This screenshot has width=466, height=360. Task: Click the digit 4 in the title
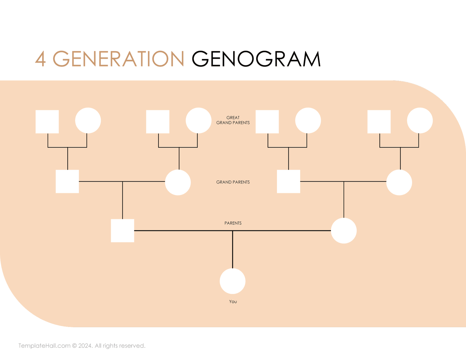click(40, 59)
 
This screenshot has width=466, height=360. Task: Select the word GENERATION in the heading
click(118, 59)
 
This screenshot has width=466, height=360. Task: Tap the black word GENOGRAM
click(256, 59)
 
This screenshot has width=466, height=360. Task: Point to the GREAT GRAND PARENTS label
click(233, 120)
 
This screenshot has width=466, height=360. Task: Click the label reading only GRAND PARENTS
click(233, 182)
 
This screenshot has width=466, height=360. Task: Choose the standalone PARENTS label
click(233, 223)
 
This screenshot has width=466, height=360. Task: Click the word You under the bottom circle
click(233, 302)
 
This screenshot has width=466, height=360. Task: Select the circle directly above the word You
click(232, 281)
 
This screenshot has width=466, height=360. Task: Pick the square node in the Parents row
click(123, 231)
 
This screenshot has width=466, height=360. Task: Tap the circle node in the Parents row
click(344, 231)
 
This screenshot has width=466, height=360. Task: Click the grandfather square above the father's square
click(67, 181)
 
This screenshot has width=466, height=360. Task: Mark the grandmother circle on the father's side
click(178, 182)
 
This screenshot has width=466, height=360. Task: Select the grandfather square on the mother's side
click(288, 181)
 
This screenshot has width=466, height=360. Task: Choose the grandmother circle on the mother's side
click(399, 182)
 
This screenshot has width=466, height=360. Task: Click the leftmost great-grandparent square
click(47, 122)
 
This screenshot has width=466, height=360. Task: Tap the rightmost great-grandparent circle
click(420, 121)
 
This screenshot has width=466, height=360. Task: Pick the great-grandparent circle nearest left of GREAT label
click(199, 121)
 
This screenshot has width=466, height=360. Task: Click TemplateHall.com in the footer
click(45, 346)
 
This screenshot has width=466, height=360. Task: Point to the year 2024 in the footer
click(85, 346)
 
